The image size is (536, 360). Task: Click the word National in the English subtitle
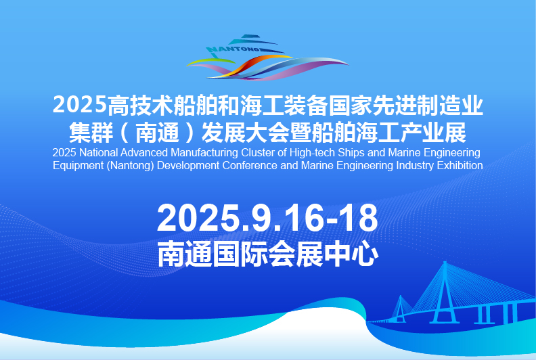(98, 152)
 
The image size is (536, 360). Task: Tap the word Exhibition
(460, 166)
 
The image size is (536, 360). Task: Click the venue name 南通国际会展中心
(267, 253)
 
